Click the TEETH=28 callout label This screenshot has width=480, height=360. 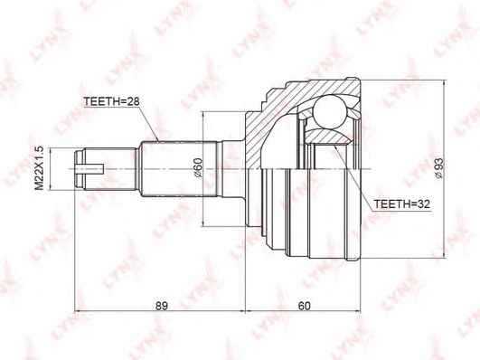pos(111,101)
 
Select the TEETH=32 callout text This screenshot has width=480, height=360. pos(402,204)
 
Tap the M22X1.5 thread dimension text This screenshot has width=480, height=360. pos(39,168)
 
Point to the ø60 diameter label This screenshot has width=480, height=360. pos(197,168)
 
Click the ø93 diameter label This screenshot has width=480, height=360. pos(438,168)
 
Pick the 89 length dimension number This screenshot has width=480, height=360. pos(161,306)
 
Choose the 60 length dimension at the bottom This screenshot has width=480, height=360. pos(304,306)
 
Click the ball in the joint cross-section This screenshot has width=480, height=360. pos(329,111)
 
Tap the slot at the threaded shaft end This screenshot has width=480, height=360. pos(89,169)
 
